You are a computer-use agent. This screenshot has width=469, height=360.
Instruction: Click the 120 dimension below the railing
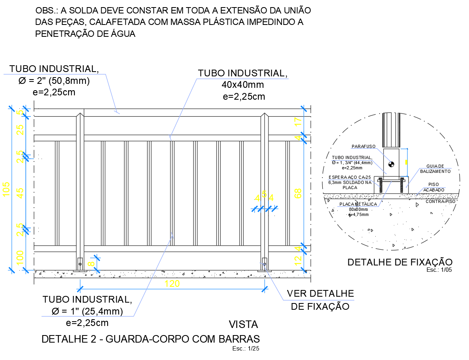[x=172, y=284]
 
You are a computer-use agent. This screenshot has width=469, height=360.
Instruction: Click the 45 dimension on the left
[x=20, y=192]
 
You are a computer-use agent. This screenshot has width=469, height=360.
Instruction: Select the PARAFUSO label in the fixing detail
[x=363, y=146]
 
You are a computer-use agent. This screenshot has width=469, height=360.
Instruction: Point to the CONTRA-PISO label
[x=440, y=201]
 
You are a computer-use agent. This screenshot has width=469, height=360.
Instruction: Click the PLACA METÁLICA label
[x=358, y=204]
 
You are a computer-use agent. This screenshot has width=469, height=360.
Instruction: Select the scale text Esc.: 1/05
[x=439, y=270]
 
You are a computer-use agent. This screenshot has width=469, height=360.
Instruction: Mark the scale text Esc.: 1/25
[x=246, y=349]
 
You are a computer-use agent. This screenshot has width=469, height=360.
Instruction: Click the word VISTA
[x=243, y=325]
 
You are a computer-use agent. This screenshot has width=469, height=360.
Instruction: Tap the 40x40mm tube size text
[x=243, y=85]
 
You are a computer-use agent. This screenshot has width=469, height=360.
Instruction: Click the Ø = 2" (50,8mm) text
[x=54, y=81]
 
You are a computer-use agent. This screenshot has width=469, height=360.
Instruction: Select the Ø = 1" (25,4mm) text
[x=87, y=311]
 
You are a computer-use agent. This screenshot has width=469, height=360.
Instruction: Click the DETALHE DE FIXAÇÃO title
[x=399, y=262]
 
